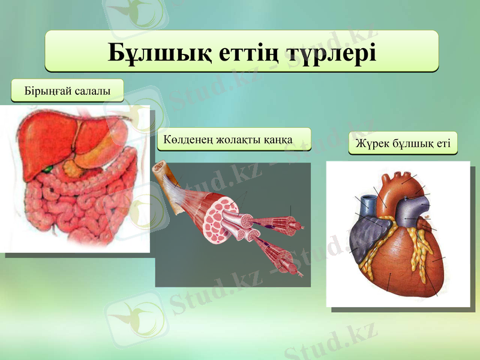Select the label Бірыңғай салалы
(x=67, y=91)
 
